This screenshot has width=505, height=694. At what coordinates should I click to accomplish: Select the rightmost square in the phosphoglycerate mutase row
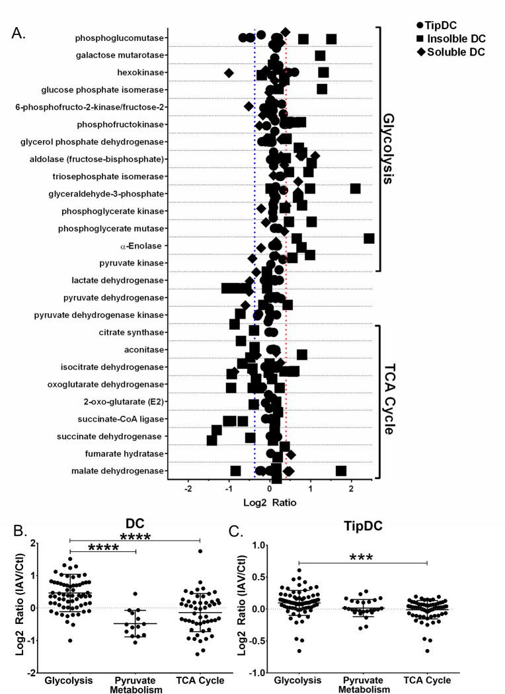(369, 238)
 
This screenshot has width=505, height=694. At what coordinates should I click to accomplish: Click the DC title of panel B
(134, 523)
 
